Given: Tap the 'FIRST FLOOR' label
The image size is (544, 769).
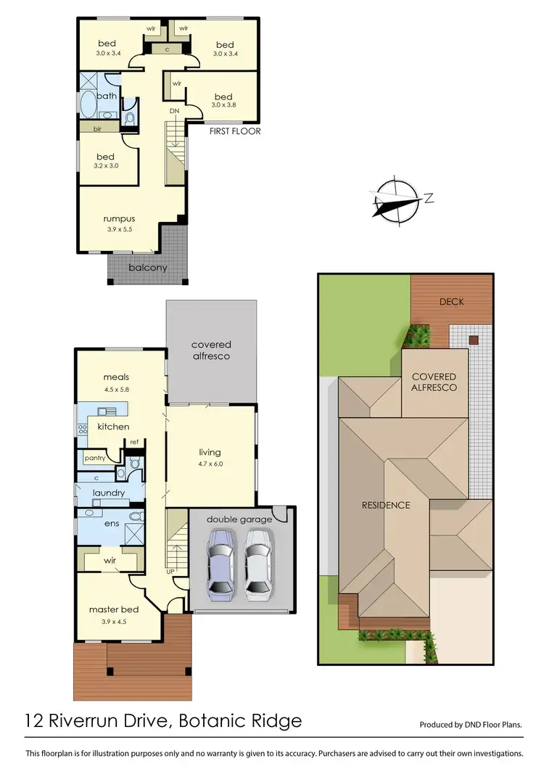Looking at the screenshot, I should (234, 131).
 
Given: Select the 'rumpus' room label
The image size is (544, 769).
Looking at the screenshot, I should (119, 218).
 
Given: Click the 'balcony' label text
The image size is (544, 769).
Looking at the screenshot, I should (148, 267).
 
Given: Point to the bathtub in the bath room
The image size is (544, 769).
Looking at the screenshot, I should (88, 106).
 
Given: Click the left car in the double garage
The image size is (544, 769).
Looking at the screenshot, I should (221, 563).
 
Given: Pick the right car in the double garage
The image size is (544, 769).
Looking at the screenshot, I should (258, 563).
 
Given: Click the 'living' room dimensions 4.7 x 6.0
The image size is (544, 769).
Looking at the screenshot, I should (210, 463).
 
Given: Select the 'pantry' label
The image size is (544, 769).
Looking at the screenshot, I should (95, 458).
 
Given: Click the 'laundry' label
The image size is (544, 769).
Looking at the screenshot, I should (109, 493).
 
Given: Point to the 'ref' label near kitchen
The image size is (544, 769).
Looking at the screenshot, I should (134, 442).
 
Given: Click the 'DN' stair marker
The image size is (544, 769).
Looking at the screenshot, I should (174, 111).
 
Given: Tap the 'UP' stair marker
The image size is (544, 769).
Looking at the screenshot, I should (170, 572).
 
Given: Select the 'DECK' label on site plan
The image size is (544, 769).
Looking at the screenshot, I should (451, 301).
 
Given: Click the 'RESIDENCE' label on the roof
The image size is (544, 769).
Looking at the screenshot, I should (386, 505).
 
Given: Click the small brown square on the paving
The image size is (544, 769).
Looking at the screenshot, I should (474, 340).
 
